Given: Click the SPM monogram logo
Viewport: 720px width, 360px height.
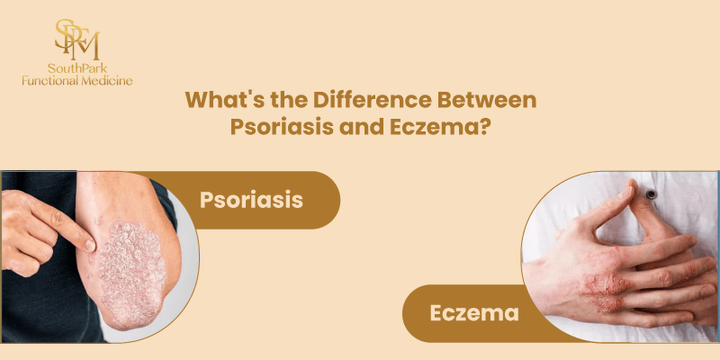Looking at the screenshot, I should tap(76, 38).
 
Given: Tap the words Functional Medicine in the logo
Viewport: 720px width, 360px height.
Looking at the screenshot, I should tap(77, 81).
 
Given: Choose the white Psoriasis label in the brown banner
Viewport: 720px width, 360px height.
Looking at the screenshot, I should tap(250, 199).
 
